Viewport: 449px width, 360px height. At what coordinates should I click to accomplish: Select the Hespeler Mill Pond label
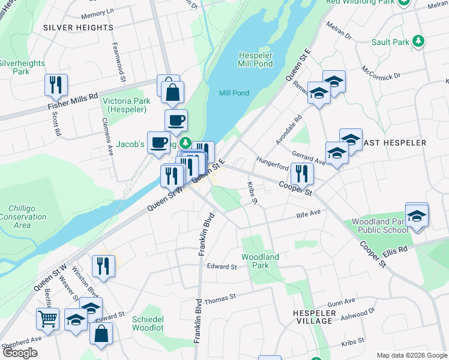tap(255, 59)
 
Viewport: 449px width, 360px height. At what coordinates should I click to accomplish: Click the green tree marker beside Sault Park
tap(419, 42)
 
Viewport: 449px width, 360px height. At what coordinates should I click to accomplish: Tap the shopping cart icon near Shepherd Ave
tap(47, 318)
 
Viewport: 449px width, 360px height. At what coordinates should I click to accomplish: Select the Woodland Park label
tap(261, 261)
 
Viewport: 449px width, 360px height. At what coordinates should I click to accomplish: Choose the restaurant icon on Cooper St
tap(301, 173)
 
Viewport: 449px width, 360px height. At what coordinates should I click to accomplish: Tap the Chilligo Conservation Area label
tap(22, 217)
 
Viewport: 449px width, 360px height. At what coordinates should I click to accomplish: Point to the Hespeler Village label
tap(313, 317)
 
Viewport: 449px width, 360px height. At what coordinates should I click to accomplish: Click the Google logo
tap(20, 353)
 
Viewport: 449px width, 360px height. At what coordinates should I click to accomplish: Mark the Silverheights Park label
tap(22, 67)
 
